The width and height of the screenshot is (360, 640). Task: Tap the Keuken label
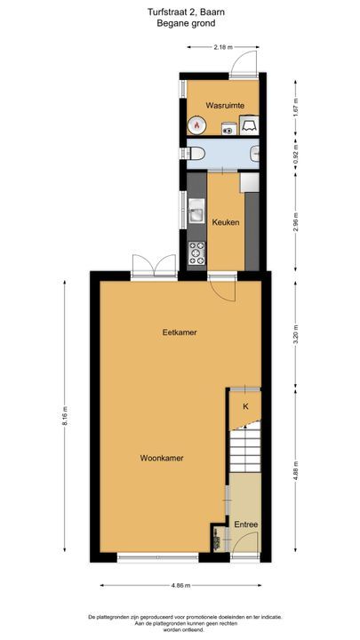225,222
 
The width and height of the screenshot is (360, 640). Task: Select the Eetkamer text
180,332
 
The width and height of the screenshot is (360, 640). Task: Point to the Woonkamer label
162,458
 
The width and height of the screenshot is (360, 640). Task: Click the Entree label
245,524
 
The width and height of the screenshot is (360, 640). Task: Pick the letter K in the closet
245,406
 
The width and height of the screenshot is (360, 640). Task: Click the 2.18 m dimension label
223,47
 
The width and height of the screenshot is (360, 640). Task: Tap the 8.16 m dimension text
65,416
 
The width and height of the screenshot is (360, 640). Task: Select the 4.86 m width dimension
180,585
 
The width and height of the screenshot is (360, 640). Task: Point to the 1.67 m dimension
295,107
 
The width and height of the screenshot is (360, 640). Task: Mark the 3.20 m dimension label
295,333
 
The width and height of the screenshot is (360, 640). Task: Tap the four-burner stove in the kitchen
196,253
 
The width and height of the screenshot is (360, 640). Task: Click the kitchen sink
196,211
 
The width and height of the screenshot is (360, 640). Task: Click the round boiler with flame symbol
196,125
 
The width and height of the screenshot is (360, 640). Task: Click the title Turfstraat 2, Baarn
186,12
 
